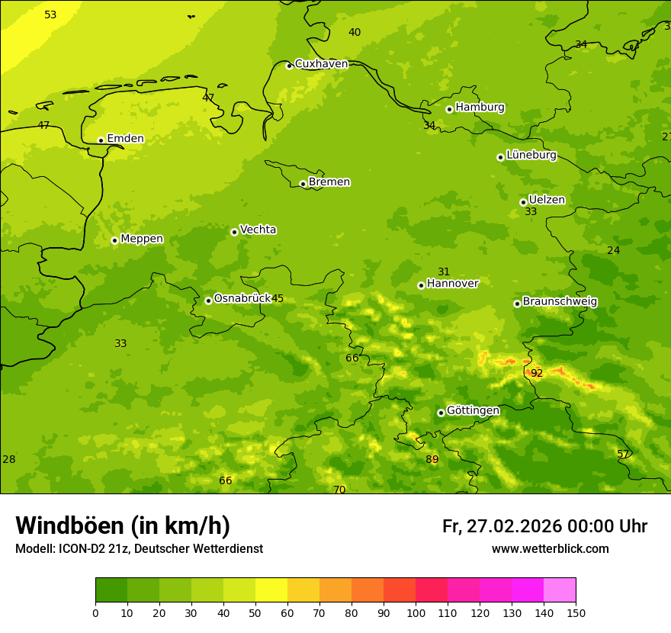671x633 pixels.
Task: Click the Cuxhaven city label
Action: pos(321,64)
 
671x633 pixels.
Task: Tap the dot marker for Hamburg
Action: pos(449,109)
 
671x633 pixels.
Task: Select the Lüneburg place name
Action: pos(531,155)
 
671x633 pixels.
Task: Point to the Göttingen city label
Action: pos(473,410)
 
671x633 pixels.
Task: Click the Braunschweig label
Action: pos(560,301)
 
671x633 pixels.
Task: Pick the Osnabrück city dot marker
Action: pos(208,300)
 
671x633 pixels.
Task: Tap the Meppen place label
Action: pos(142,239)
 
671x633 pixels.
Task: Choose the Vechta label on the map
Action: pos(258,230)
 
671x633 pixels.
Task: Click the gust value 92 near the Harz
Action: pos(537,373)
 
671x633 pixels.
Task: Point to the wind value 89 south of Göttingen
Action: pos(432,459)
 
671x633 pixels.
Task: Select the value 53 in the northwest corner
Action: pos(50,14)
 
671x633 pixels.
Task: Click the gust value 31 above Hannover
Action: pos(444,272)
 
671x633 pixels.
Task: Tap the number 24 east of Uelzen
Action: pos(613,250)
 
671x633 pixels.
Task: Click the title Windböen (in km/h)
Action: pos(122,525)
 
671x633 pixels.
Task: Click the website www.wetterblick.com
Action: pos(550,548)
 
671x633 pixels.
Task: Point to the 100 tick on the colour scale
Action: pos(416,612)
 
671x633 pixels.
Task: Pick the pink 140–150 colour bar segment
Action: pos(560,590)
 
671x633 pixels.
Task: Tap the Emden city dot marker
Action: pos(101,140)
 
